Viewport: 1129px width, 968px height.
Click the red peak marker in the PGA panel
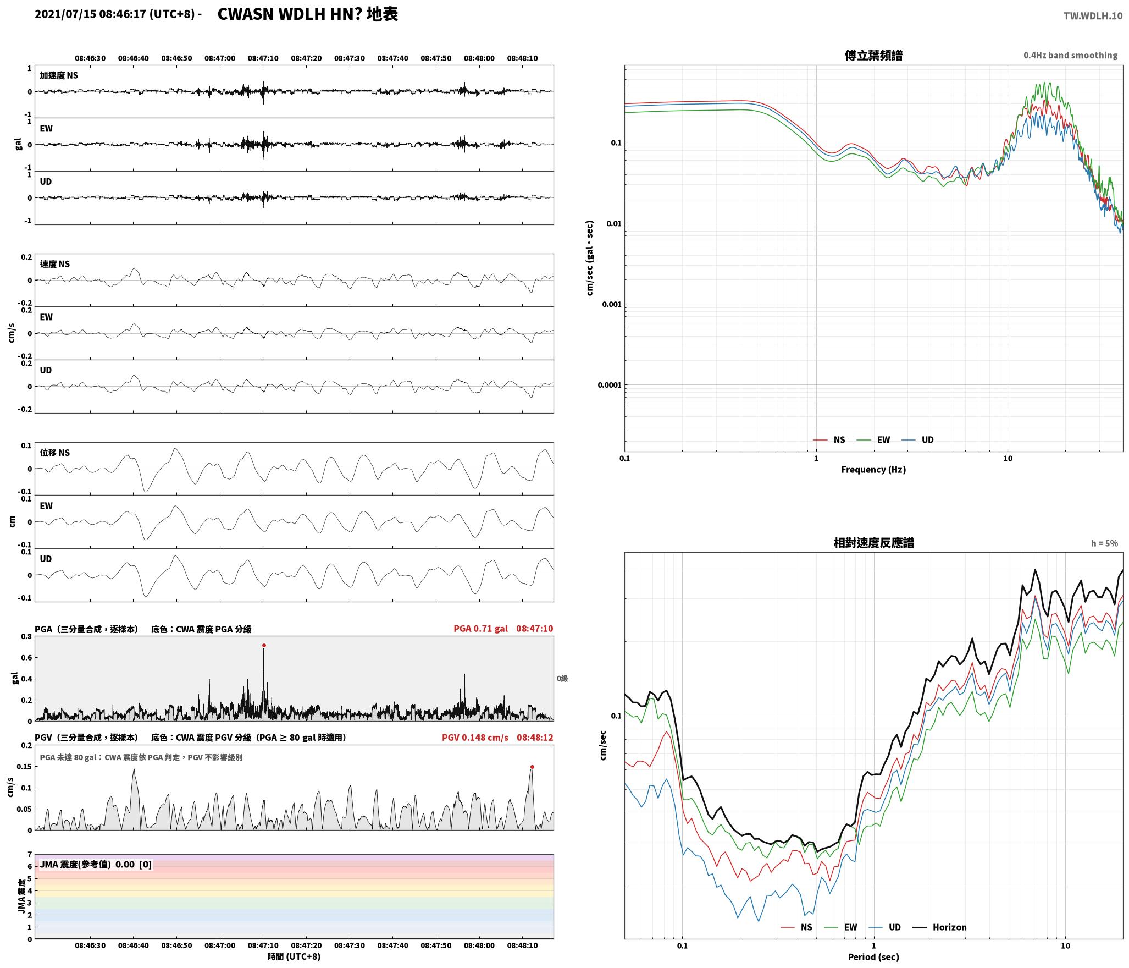coord(264,645)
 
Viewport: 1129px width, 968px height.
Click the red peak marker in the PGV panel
coord(532,767)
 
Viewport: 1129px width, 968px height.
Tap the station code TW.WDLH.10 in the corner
coord(1093,16)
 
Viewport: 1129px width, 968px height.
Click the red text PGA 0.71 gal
coord(480,629)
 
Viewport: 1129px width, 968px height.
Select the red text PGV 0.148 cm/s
coord(475,738)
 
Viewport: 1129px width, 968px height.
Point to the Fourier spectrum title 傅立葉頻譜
coord(873,56)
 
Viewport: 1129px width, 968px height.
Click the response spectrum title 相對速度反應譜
coord(873,543)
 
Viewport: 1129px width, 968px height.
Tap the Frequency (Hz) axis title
coord(873,469)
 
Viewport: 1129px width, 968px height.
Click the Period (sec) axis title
coord(873,957)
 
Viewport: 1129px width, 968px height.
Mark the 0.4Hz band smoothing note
coord(1070,56)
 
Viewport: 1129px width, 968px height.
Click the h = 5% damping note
coord(1104,543)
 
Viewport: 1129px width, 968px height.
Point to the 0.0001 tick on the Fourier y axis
coord(610,385)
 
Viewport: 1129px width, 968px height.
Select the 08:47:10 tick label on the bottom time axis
coord(263,945)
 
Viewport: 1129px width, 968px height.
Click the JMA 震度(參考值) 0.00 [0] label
coord(96,864)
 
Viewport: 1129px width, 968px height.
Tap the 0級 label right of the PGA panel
coord(562,679)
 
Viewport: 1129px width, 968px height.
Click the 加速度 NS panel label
coord(59,75)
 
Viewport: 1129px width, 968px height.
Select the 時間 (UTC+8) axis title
coord(294,956)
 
